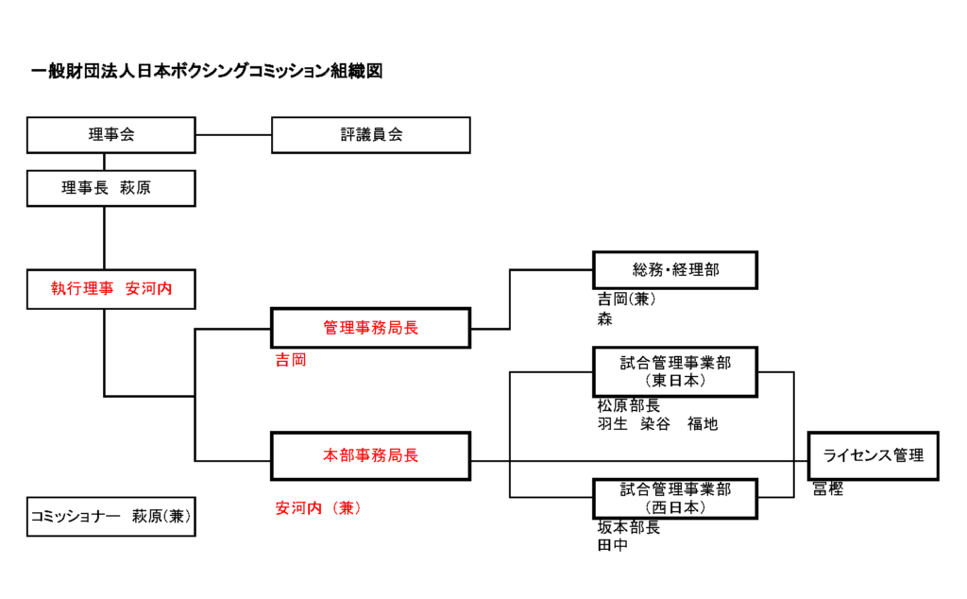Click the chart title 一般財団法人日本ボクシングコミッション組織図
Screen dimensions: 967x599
(x=207, y=72)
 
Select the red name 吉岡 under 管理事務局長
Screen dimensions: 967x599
(x=291, y=360)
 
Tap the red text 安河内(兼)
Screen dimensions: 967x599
(x=318, y=508)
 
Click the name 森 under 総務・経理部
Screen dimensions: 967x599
(x=605, y=319)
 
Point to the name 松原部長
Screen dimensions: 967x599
(x=628, y=406)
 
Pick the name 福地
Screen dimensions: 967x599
(x=703, y=424)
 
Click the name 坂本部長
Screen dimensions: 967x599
(x=628, y=527)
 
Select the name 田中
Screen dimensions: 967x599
(x=612, y=545)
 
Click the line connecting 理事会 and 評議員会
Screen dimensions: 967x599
(x=234, y=134)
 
